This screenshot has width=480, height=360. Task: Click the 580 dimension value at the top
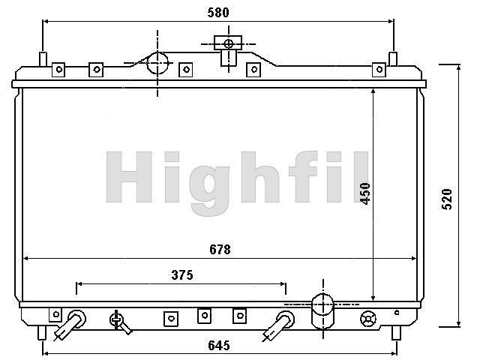[218, 13]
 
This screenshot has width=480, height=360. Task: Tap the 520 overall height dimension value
[447, 199]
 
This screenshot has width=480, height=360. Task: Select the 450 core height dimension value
[365, 193]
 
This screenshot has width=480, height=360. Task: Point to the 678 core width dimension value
[220, 250]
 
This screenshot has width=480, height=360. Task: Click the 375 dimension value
[182, 275]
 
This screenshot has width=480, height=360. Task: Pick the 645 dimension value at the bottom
[218, 345]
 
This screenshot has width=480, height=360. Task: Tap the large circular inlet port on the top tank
[157, 63]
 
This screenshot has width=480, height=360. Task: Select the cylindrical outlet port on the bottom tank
[322, 311]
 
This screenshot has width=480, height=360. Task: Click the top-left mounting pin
[43, 58]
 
